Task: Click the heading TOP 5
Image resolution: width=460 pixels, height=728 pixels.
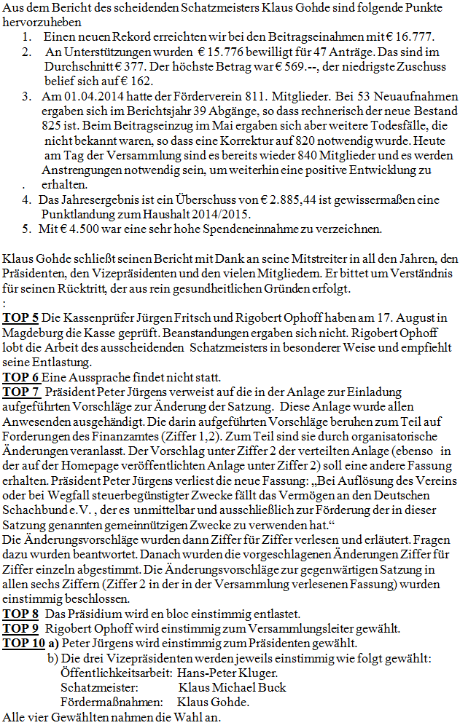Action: pyautogui.click(x=21, y=319)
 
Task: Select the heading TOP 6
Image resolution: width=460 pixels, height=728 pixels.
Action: pyautogui.click(x=21, y=377)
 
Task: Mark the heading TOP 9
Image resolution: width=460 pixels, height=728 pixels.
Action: pyautogui.click(x=21, y=628)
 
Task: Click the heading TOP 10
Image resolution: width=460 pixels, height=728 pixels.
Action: pyautogui.click(x=23, y=643)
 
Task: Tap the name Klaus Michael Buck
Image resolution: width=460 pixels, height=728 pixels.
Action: pyautogui.click(x=232, y=687)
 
